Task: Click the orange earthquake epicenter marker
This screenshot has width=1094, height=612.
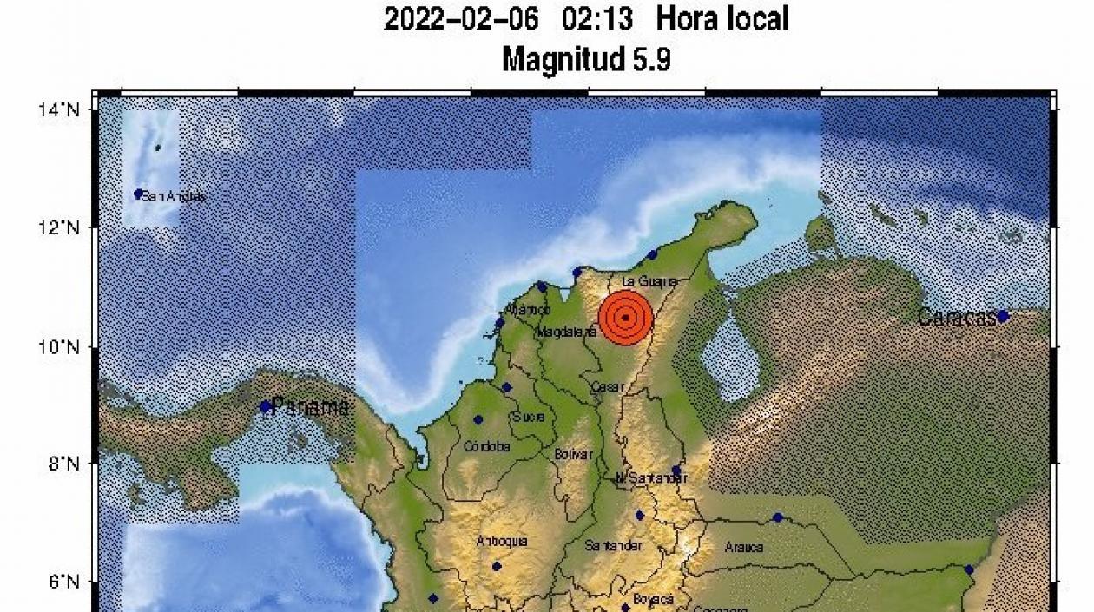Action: (x=625, y=318)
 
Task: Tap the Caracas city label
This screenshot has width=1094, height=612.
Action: (x=956, y=318)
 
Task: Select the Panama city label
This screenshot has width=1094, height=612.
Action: (x=310, y=406)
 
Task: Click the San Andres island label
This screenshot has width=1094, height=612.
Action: (x=174, y=196)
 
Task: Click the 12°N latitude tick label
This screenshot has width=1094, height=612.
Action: (x=63, y=227)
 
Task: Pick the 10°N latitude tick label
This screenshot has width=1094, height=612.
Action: (x=63, y=347)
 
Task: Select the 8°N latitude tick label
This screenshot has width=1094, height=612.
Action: (x=63, y=464)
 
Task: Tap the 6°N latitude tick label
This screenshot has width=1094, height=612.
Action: (x=63, y=582)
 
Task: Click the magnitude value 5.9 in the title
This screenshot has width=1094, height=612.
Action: (x=651, y=60)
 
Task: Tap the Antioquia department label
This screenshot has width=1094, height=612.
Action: (x=502, y=542)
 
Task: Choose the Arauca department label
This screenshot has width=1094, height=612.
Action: (x=744, y=547)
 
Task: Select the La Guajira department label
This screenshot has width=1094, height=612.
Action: (x=649, y=282)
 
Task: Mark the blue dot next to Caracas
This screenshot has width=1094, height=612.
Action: (x=1003, y=316)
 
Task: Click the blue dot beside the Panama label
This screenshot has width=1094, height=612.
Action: (x=265, y=406)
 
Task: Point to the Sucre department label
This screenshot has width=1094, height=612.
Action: (x=529, y=417)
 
